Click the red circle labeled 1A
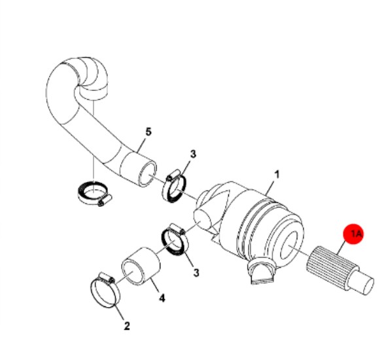pos(353,234)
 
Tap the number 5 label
pos(148,132)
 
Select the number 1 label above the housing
pos(277,175)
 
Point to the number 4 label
pos(162,298)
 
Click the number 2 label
pos(127,326)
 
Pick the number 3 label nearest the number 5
pos(193,154)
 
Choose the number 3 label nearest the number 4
pos(196,272)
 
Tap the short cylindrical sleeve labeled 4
pos(141,266)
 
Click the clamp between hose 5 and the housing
pos(174,187)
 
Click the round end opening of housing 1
pos(289,245)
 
